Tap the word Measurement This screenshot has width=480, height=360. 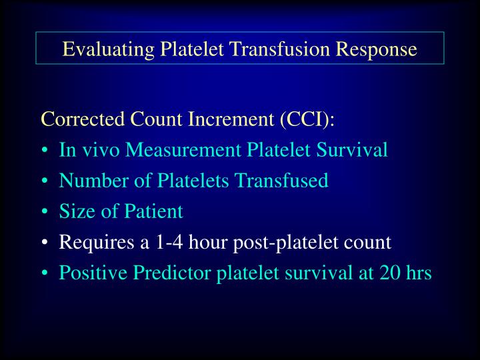click(184, 150)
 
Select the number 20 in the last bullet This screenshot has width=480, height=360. click(388, 273)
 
